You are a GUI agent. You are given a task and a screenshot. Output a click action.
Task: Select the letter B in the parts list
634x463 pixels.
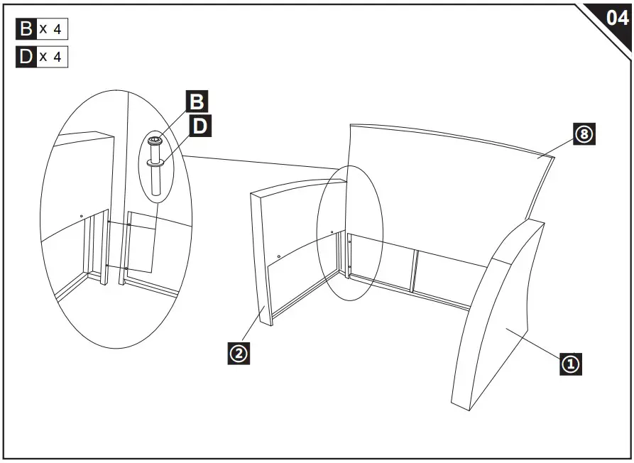[x=26, y=29]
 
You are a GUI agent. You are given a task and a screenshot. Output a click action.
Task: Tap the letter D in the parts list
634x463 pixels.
[x=26, y=57]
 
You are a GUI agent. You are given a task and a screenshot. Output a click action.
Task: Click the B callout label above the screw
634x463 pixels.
[x=195, y=102]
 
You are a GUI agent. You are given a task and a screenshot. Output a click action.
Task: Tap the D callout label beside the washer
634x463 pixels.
[x=201, y=126]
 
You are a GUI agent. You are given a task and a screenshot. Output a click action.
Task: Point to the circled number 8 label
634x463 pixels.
[x=584, y=134]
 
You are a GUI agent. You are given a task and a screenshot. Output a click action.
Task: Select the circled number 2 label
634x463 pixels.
[x=239, y=353]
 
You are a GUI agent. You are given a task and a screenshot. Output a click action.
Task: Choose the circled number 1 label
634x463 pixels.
[x=571, y=365]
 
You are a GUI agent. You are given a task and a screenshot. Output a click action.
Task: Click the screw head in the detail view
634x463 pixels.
[x=155, y=141]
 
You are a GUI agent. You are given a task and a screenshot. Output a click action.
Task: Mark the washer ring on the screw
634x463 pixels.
[x=157, y=163]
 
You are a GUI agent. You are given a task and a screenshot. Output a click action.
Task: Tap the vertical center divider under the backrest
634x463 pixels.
[x=413, y=271]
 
